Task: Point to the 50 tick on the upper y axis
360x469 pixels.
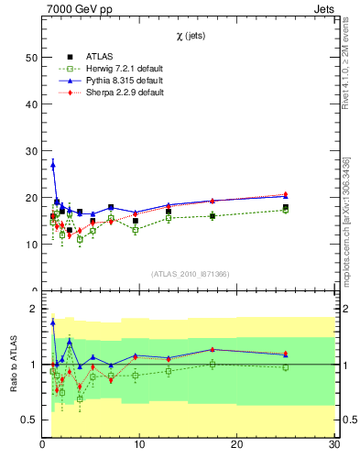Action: (x=30, y=57)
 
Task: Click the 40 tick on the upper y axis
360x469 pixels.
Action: (x=30, y=104)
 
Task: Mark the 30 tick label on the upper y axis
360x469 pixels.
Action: (x=30, y=150)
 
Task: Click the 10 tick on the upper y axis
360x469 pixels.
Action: (x=30, y=245)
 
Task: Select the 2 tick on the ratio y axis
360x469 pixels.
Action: (x=34, y=310)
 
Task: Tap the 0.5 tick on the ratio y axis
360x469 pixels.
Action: (x=30, y=420)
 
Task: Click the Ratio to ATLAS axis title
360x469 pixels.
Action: (x=13, y=365)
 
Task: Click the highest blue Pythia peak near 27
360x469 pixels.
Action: (x=53, y=165)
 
